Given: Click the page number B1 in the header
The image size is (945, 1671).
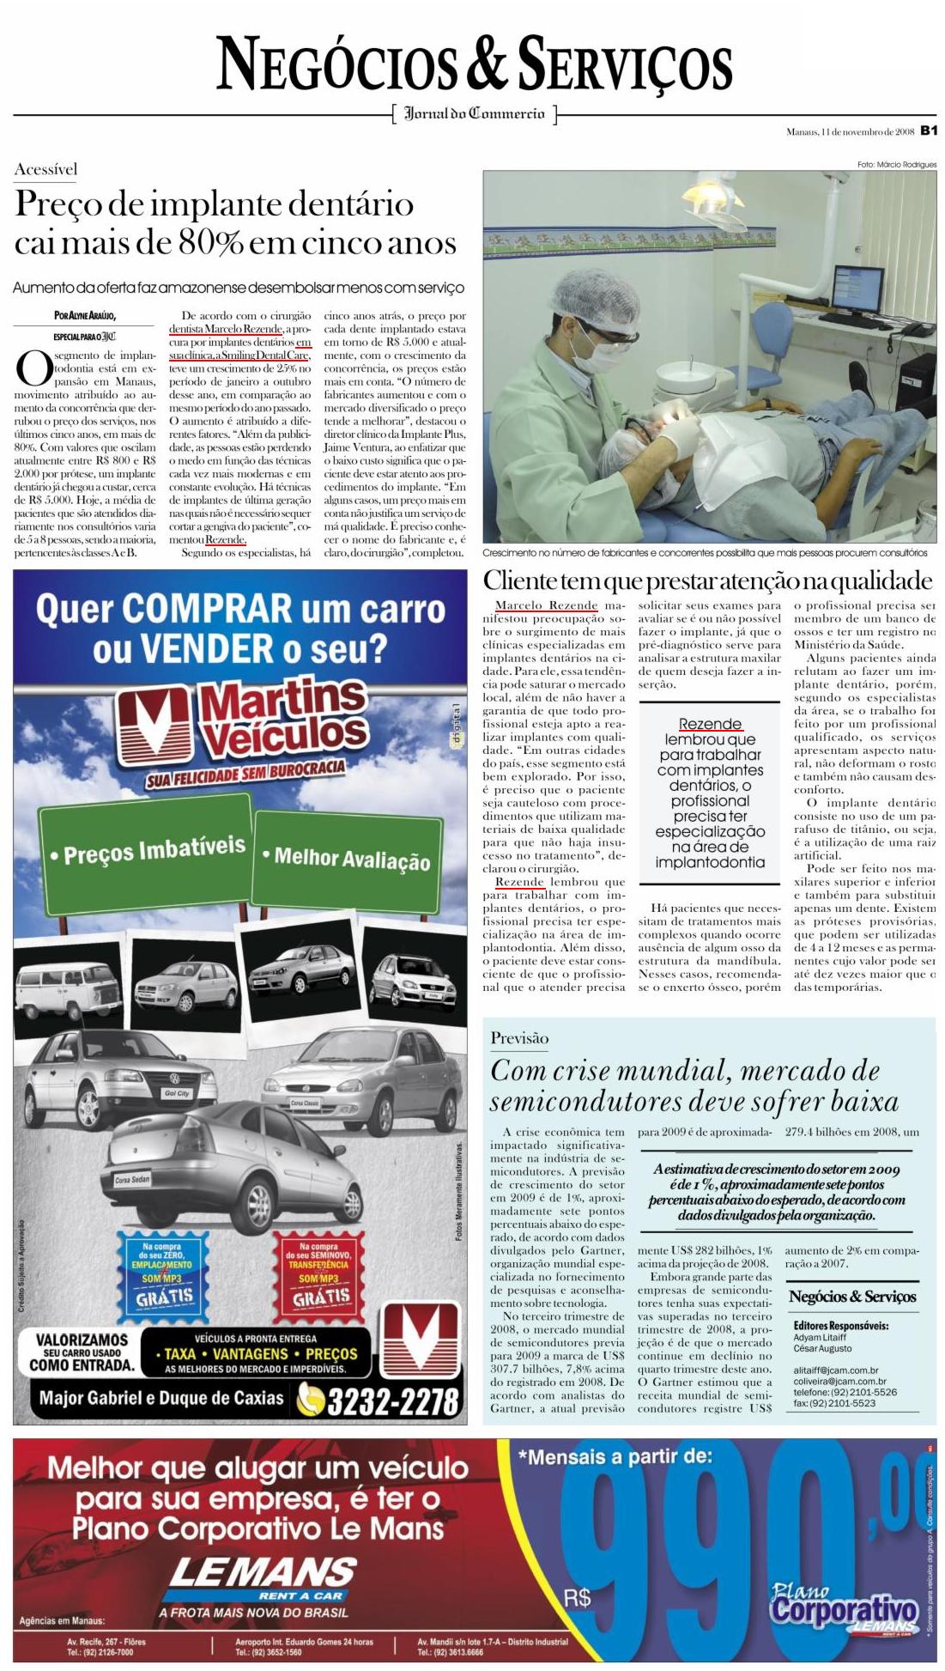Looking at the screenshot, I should [928, 131].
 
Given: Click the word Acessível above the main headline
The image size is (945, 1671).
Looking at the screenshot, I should [45, 169].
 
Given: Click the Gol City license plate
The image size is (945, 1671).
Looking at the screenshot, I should [177, 1093].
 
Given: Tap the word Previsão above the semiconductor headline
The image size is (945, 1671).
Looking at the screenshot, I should [519, 1037].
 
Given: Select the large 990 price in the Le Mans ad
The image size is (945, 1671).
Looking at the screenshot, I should [738, 1538].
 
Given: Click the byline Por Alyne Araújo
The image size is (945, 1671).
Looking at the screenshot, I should [84, 316].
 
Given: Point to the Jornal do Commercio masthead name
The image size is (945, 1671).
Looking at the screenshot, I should [474, 113].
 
